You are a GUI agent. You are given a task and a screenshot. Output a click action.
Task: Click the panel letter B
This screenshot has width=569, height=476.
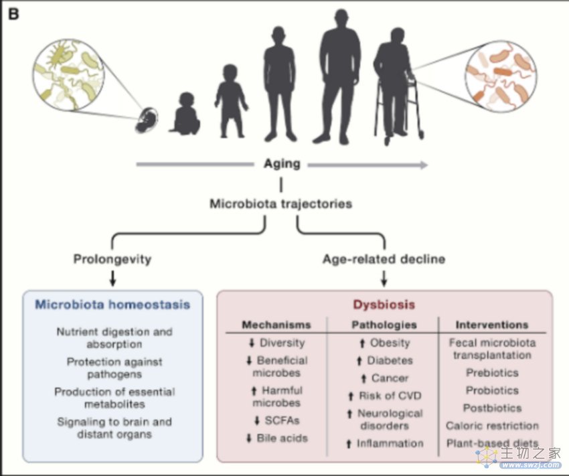click(x=13, y=14)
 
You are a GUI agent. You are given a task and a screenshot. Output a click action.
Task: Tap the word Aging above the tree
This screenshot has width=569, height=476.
click(x=282, y=163)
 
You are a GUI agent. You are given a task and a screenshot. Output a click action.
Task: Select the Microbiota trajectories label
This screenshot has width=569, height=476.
click(x=281, y=204)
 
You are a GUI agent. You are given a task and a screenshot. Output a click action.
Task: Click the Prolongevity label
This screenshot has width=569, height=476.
click(x=112, y=259)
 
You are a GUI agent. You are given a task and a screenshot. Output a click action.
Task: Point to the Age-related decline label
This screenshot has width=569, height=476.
click(x=384, y=259)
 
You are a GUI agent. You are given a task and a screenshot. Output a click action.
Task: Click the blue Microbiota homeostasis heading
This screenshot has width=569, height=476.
click(x=112, y=304)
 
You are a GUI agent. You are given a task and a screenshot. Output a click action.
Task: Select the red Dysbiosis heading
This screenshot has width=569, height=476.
click(x=384, y=305)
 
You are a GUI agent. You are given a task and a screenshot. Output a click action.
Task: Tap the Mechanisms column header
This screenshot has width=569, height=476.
click(x=276, y=324)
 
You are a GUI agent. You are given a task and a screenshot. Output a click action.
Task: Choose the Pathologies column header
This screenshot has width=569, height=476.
click(x=384, y=324)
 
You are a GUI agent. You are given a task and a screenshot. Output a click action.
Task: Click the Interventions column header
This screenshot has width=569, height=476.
click(x=492, y=324)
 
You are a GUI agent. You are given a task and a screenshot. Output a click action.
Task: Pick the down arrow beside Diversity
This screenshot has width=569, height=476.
click(x=252, y=343)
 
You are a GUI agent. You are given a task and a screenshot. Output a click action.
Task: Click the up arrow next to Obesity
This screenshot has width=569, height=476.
click(x=361, y=343)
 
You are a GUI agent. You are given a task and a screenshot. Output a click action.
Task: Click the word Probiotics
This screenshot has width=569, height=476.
click(x=492, y=390)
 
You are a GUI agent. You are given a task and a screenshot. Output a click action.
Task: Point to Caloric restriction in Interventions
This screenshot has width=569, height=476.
click(x=492, y=426)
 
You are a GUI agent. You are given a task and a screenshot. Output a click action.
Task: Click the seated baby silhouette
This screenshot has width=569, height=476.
click(x=185, y=114)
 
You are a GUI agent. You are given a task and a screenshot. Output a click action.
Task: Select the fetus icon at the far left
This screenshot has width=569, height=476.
click(x=147, y=120)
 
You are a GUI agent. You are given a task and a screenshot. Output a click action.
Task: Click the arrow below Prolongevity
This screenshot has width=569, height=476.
click(x=112, y=279)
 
